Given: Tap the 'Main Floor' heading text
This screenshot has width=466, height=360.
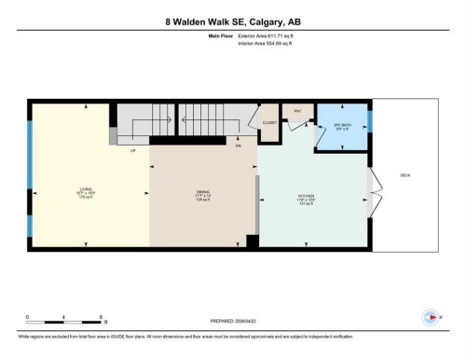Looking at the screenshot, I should click(x=219, y=35).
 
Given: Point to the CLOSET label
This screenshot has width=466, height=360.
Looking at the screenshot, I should click(x=269, y=122).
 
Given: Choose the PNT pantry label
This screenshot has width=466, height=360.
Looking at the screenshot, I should click(x=298, y=111).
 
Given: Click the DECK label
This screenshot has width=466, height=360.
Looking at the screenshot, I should click(x=404, y=175).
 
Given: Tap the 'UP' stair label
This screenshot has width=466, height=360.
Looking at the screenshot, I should click(x=133, y=148).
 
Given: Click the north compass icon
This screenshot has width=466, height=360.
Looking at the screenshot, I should click(x=430, y=315).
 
